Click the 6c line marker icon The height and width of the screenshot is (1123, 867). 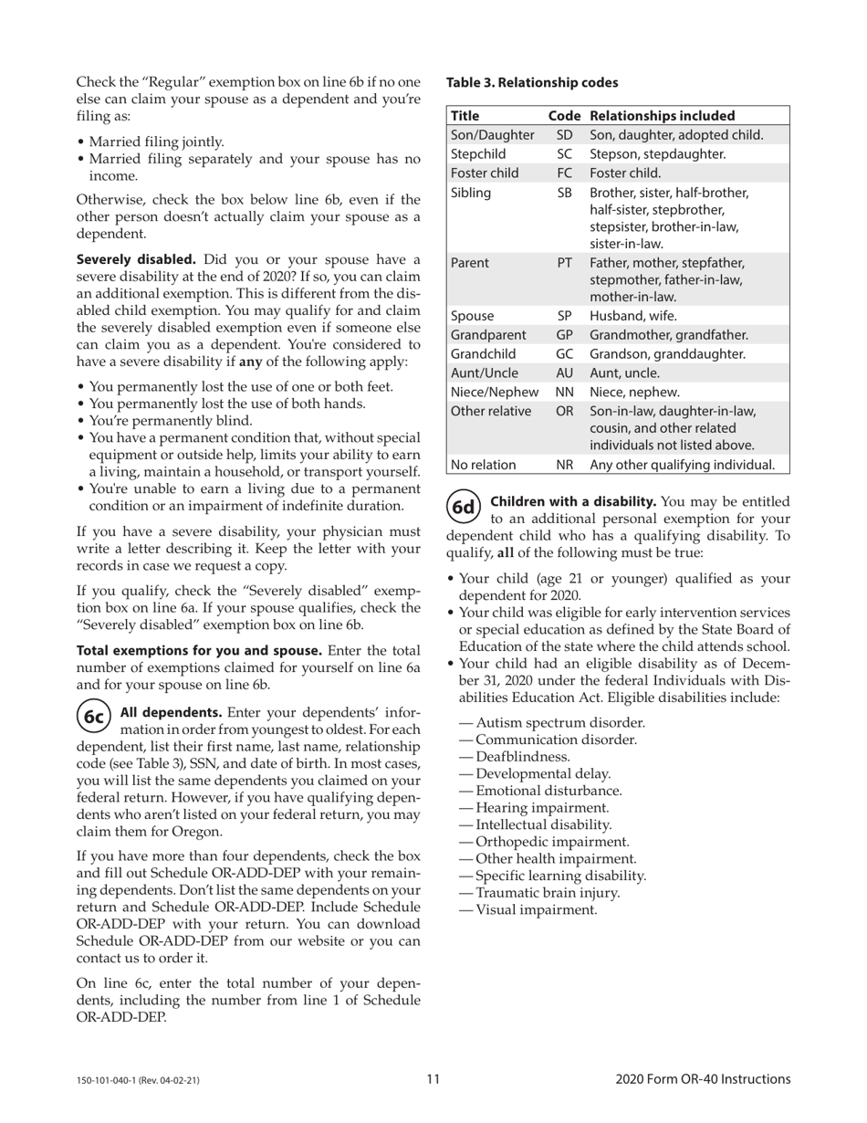point(93,717)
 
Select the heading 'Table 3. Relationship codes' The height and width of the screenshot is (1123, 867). point(531,82)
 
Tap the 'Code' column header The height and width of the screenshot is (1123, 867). point(564,116)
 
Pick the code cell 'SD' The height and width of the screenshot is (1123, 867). point(564,135)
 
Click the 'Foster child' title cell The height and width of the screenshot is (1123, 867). point(485,173)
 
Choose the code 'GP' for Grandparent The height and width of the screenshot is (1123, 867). point(564,334)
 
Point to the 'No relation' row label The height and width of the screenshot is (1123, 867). point(484,465)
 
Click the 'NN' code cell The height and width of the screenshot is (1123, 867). point(564,392)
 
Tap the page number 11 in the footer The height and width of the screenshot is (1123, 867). point(433,1079)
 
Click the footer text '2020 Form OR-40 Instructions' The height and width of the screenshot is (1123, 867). point(703,1079)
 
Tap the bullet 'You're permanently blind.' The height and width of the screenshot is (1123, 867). point(171,421)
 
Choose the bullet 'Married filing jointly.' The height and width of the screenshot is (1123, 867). point(156,142)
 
